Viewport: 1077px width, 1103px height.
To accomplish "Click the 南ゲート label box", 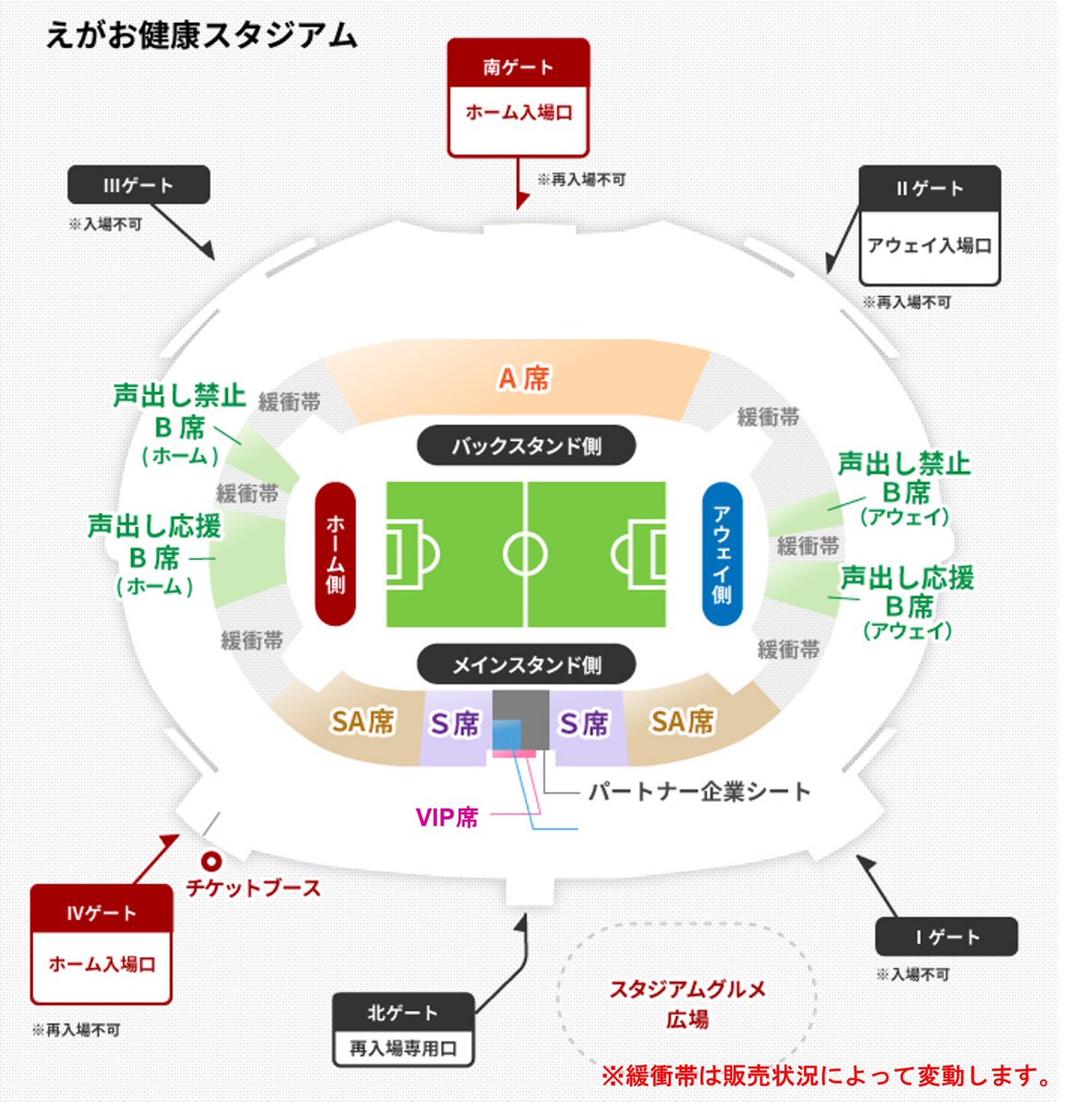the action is click(518, 67).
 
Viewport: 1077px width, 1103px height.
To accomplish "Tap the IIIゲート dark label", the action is click(138, 185).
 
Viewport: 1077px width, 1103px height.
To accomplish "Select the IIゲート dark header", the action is click(929, 188).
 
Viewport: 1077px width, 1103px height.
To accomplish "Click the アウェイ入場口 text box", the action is click(929, 246).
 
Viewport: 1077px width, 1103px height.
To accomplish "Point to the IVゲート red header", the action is click(101, 913).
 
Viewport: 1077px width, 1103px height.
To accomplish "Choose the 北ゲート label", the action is click(403, 1013).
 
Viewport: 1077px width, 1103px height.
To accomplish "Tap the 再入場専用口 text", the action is click(403, 1048).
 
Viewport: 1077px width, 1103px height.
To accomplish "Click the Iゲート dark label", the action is click(946, 937).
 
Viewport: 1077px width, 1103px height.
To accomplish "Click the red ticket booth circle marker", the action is click(212, 861).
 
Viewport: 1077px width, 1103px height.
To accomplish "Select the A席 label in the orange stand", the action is click(523, 378).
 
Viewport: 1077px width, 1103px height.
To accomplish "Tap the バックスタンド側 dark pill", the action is click(526, 446).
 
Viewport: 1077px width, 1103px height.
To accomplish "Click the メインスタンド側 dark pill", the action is click(526, 664).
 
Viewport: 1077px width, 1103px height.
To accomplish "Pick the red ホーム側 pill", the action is click(335, 553).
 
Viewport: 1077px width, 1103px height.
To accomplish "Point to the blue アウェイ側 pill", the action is click(721, 553).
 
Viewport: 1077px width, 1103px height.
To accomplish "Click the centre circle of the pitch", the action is click(525, 554).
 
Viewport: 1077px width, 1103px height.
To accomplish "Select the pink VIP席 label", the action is click(447, 816).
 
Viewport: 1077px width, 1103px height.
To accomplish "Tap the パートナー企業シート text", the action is click(699, 791).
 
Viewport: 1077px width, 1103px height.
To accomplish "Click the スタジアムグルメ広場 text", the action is click(687, 1004).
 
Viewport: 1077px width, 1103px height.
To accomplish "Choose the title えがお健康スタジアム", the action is click(201, 35).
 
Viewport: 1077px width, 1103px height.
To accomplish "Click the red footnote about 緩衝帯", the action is click(827, 1075).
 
